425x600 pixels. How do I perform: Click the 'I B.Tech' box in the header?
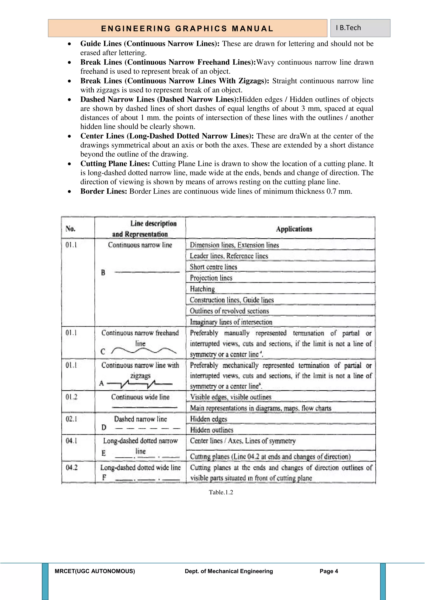(x=360, y=28)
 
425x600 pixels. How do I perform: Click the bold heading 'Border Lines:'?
(x=104, y=191)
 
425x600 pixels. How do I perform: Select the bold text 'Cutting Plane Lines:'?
(x=115, y=164)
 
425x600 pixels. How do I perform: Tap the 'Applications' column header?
(x=294, y=229)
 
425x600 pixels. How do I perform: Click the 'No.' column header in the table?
(x=71, y=229)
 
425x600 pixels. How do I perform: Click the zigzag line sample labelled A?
(x=140, y=384)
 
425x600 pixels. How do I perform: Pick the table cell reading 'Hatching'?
(x=202, y=289)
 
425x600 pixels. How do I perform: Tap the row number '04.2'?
(x=71, y=467)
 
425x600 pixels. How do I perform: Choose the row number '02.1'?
(x=71, y=419)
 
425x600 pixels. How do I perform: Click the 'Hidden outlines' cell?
(x=211, y=430)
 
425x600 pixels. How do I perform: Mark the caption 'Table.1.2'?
(x=221, y=492)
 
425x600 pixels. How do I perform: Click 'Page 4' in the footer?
(x=329, y=571)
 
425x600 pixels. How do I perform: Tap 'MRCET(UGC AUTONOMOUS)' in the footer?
(x=95, y=571)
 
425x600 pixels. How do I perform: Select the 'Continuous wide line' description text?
(x=140, y=397)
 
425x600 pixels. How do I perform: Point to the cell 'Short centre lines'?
(x=213, y=267)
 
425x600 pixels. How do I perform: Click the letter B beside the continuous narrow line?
(x=103, y=273)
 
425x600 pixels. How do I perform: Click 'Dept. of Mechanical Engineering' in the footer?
(x=229, y=571)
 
